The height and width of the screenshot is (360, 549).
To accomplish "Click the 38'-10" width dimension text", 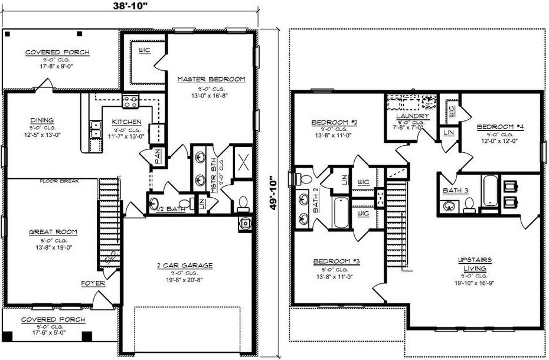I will tap(130, 8).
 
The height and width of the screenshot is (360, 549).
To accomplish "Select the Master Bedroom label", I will tap(211, 78).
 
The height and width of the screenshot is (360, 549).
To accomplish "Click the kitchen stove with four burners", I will tap(130, 102).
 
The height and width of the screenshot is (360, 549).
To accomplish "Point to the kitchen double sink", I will tap(94, 129).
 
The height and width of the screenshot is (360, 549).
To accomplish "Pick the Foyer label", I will tap(93, 283).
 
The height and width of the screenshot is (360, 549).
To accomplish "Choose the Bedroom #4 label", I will tap(497, 127).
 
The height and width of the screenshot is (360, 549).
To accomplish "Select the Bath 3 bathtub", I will tap(491, 190).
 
